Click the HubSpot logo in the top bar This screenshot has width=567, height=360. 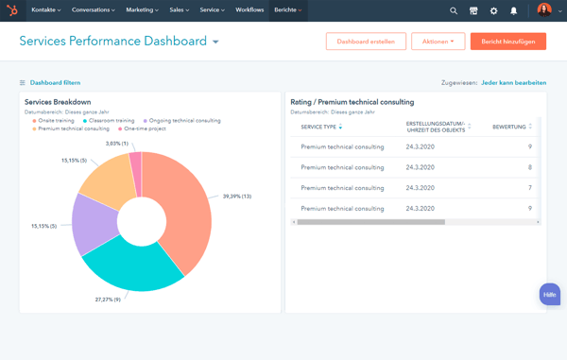(12, 10)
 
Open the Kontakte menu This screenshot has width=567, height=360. (45, 10)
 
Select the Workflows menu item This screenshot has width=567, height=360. (249, 10)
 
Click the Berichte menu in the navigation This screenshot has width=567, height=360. (287, 10)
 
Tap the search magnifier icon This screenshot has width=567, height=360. (454, 10)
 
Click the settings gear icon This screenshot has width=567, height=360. (493, 10)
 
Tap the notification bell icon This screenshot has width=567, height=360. (514, 10)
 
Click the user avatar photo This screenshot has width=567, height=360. (544, 10)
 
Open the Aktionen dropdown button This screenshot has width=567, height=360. (438, 42)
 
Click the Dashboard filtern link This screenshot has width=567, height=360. (55, 83)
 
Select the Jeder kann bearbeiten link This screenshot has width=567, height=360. (513, 83)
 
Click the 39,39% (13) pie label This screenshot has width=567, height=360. (238, 197)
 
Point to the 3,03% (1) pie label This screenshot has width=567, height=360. (117, 144)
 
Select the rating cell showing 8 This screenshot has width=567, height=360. (529, 167)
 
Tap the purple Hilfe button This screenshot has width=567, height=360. (549, 295)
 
